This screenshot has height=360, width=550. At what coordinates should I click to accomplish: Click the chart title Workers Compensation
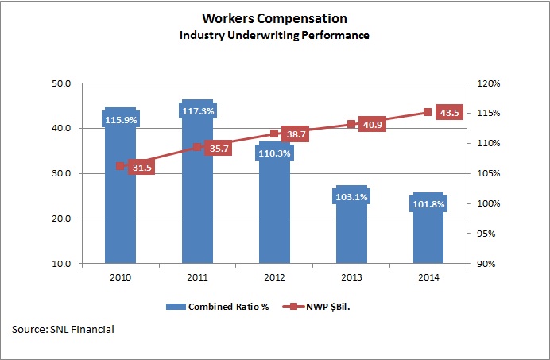tap(274, 18)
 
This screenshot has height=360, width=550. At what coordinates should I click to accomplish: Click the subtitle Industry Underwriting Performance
tap(274, 36)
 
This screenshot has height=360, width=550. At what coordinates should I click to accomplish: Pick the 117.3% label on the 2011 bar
tap(196, 112)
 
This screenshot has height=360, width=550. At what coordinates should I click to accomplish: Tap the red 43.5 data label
tap(450, 113)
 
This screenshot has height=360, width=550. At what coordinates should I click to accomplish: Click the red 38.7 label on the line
tap(296, 135)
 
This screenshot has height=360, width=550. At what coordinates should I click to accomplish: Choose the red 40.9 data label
tap(374, 126)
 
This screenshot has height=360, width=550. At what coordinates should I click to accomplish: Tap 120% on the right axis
tap(486, 83)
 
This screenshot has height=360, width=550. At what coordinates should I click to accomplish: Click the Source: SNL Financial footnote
tap(63, 328)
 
